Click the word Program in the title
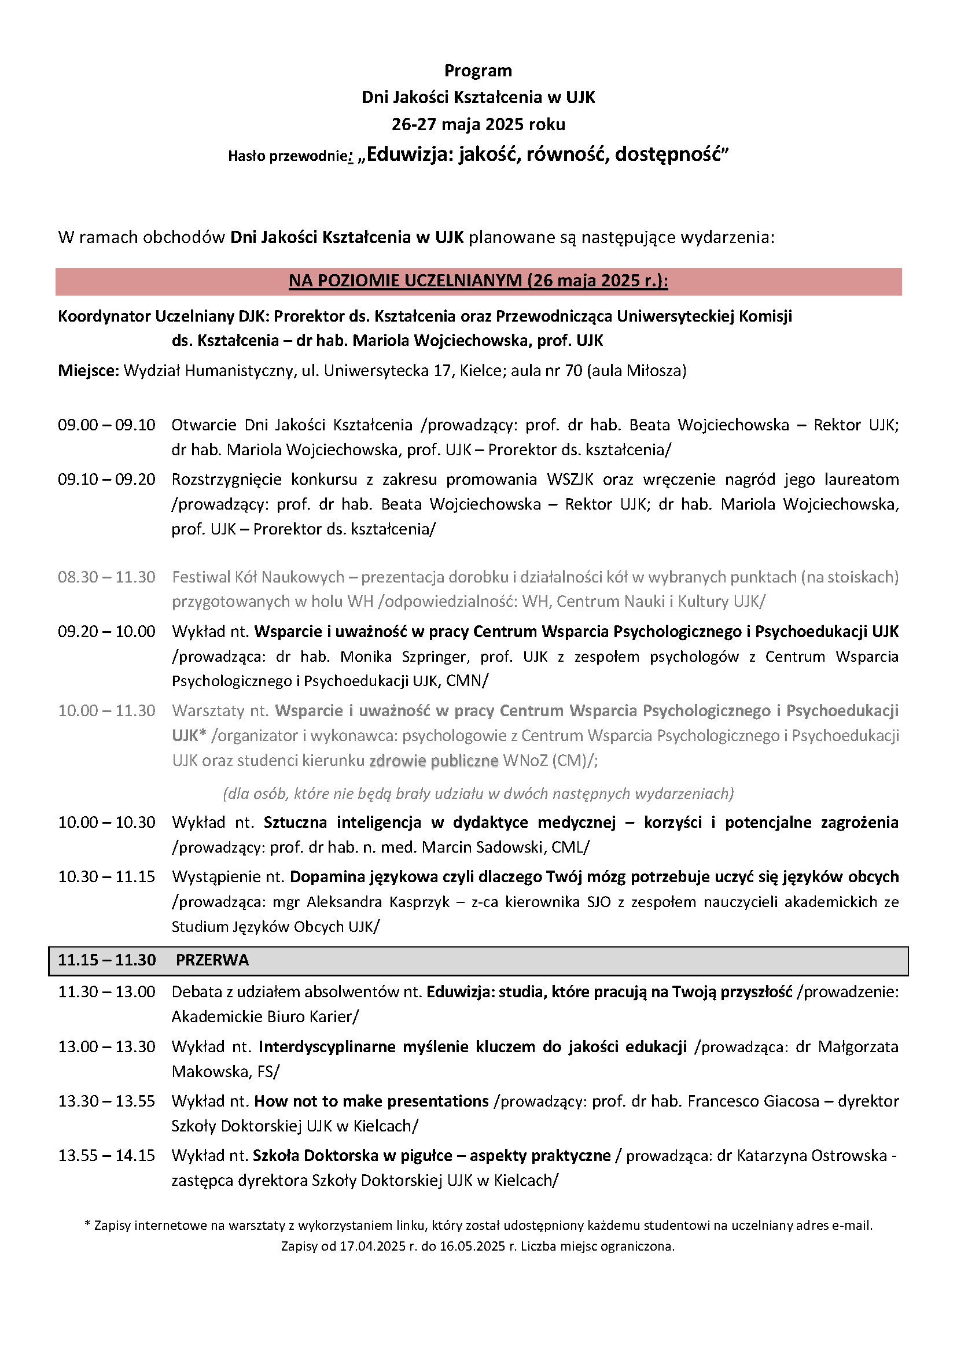click(x=478, y=71)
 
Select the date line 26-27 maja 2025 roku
click(x=478, y=124)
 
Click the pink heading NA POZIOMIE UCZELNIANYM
click(x=478, y=281)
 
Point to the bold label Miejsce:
click(x=89, y=371)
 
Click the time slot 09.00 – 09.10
click(x=106, y=425)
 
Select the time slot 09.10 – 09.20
click(x=106, y=479)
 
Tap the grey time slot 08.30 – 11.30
click(x=106, y=577)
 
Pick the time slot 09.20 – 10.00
click(x=106, y=631)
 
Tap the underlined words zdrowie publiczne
click(x=434, y=761)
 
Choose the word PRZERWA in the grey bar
click(x=212, y=960)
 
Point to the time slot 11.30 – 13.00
click(x=106, y=992)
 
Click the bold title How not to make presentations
click(x=371, y=1101)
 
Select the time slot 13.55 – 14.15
click(x=106, y=1156)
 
